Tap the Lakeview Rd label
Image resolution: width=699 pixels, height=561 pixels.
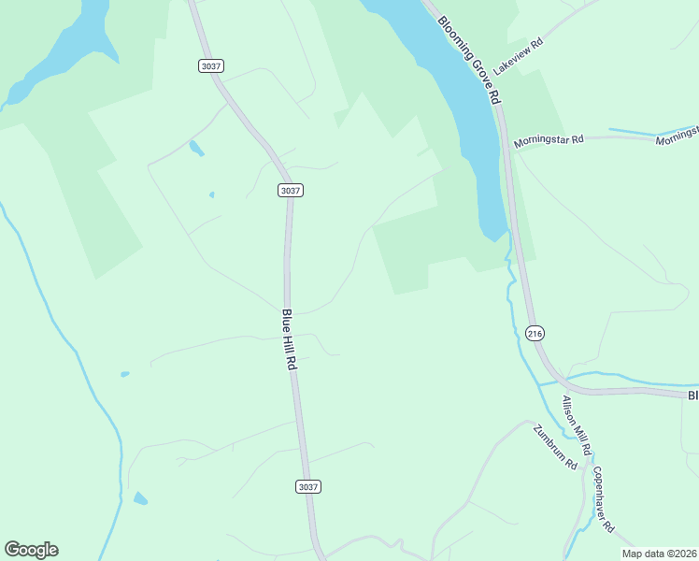coord(520,57)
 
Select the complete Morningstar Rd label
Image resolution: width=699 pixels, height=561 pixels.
coord(549,140)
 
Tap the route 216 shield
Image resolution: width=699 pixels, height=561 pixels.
coord(534,334)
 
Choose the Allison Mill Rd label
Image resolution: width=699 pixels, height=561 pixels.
coord(576,426)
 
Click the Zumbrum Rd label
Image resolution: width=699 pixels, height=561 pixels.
coord(555,447)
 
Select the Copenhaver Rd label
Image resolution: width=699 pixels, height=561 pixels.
coord(603,499)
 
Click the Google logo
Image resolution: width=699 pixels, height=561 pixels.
coord(31,550)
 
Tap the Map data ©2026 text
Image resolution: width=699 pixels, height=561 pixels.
coord(660,554)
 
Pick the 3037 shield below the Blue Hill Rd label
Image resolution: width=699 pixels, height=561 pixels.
coord(307,486)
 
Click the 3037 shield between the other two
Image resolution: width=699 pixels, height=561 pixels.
coord(290,190)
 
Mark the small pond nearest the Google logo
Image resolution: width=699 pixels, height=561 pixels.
coord(140,498)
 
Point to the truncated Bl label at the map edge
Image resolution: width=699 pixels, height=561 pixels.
coord(692,396)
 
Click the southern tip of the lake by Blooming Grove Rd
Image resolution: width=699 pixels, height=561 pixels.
coord(492,239)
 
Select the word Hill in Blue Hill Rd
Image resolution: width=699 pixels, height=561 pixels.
coord(290,340)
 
